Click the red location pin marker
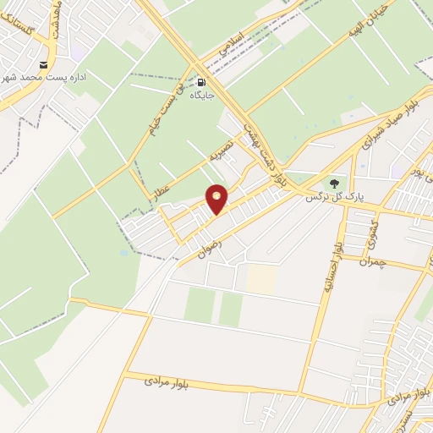[x=218, y=198]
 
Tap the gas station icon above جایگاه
[x=202, y=83]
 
